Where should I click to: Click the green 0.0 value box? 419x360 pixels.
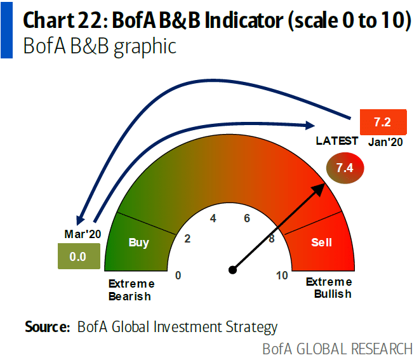(77, 257)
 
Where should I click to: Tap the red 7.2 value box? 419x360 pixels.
(381, 122)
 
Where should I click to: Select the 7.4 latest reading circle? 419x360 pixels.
(344, 168)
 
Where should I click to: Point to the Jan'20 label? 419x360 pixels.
(385, 142)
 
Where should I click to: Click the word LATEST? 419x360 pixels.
(337, 141)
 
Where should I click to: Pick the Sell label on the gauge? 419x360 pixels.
(321, 242)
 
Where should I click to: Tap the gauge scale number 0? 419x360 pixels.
(178, 275)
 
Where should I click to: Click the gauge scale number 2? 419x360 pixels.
(187, 239)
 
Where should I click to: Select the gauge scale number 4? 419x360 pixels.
(213, 218)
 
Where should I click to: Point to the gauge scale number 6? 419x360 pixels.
(246, 218)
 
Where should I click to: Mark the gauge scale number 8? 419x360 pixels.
(272, 239)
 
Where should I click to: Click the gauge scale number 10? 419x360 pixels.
(283, 275)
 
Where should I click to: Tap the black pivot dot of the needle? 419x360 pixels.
(233, 270)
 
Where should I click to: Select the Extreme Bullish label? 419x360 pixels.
(328, 288)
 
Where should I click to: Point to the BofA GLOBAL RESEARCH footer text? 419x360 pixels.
(337, 349)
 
